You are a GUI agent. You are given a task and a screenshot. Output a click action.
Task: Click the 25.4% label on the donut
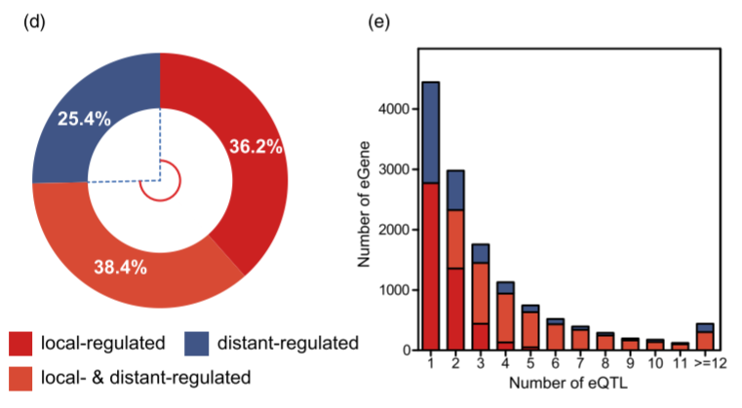83,122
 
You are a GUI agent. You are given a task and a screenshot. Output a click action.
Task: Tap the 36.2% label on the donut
255,148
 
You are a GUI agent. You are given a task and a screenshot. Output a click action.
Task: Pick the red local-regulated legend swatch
21,343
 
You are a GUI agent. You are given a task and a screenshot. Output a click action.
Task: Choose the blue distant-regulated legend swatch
198,343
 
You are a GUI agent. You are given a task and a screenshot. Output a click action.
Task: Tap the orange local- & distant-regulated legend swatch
21,376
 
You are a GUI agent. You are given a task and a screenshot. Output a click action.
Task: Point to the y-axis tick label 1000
387,289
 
